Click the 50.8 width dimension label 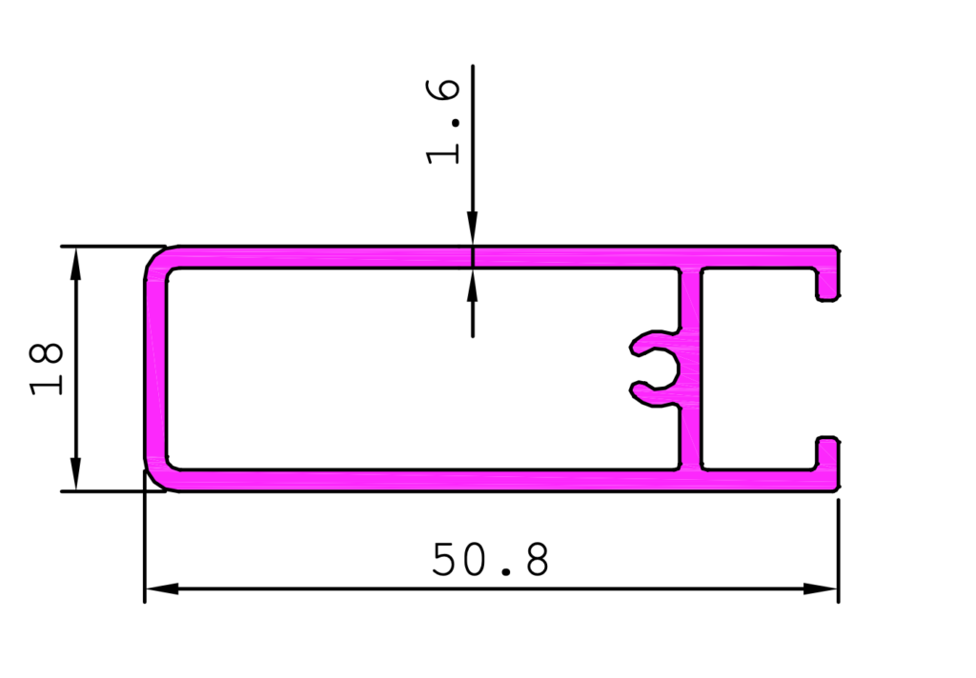tap(491, 559)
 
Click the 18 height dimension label tap(46, 369)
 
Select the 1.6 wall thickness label tap(443, 122)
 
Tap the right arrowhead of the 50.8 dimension tap(821, 588)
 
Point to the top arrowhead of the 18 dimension tap(76, 264)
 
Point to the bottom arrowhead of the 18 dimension tap(76, 474)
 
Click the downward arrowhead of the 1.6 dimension tap(473, 229)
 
